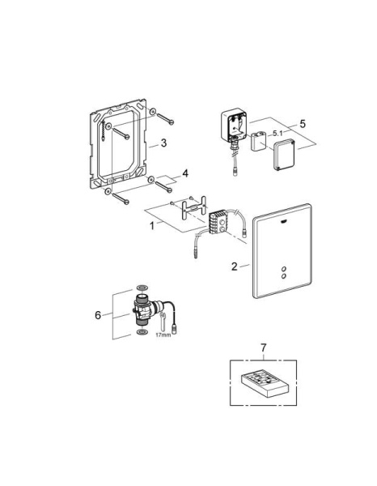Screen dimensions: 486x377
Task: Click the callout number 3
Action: coord(164,143)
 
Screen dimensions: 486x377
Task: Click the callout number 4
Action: coord(185,173)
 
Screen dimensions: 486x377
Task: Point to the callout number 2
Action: coord(233,265)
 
